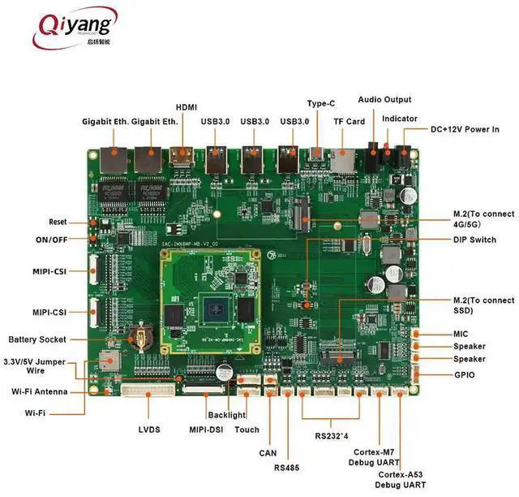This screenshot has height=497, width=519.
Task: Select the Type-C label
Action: click(320, 104)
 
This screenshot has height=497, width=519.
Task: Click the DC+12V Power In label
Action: click(465, 130)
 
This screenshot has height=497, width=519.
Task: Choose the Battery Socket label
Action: click(37, 339)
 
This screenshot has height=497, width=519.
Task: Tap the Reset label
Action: click(58, 222)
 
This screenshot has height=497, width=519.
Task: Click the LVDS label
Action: click(149, 429)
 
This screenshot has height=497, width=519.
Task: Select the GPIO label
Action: click(465, 374)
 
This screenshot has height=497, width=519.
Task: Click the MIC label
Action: click(461, 334)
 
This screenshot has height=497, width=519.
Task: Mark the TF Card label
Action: click(350, 122)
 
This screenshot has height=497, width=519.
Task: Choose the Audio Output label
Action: click(384, 100)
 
